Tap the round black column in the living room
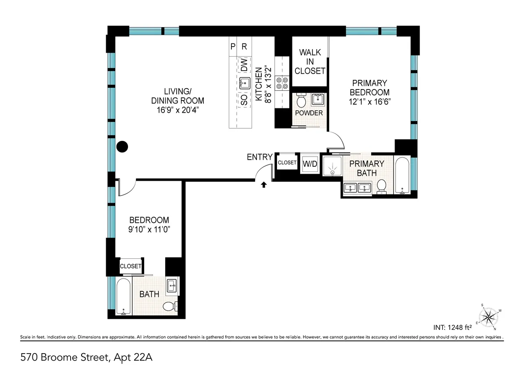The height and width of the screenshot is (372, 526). pos(122,147)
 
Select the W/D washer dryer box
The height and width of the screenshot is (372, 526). pos(310,164)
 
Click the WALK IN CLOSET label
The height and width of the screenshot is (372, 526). pos(310,61)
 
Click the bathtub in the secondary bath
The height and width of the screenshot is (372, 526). pos(124,297)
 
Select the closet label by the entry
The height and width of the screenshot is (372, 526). pos(287,163)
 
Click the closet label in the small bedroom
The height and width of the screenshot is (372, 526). pos(131,266)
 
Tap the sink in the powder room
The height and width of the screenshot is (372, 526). pos(317,99)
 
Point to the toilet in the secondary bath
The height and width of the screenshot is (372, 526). pos(169,306)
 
